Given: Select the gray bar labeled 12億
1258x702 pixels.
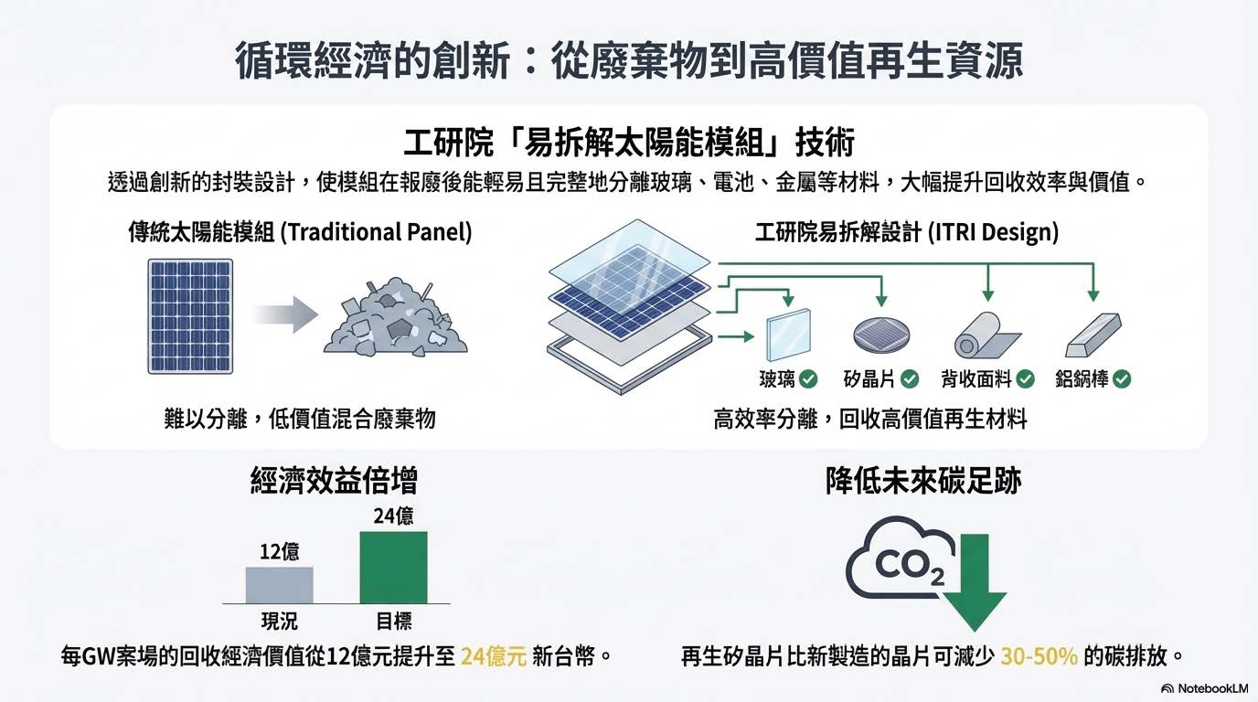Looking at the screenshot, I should coord(279,585).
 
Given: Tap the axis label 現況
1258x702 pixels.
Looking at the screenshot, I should coord(279,622).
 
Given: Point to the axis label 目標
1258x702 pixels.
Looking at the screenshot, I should coord(394,622).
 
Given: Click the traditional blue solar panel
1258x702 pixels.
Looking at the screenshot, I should coord(190,315).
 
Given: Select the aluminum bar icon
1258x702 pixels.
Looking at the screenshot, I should coord(1093,336).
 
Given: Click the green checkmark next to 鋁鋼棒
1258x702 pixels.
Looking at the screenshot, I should coord(1122,378).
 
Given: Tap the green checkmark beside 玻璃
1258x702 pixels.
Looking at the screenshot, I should coord(808,378).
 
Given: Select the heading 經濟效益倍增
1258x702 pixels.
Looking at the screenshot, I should coord(335,481).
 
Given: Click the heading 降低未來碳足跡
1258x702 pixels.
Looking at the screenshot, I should coord(922,481).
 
